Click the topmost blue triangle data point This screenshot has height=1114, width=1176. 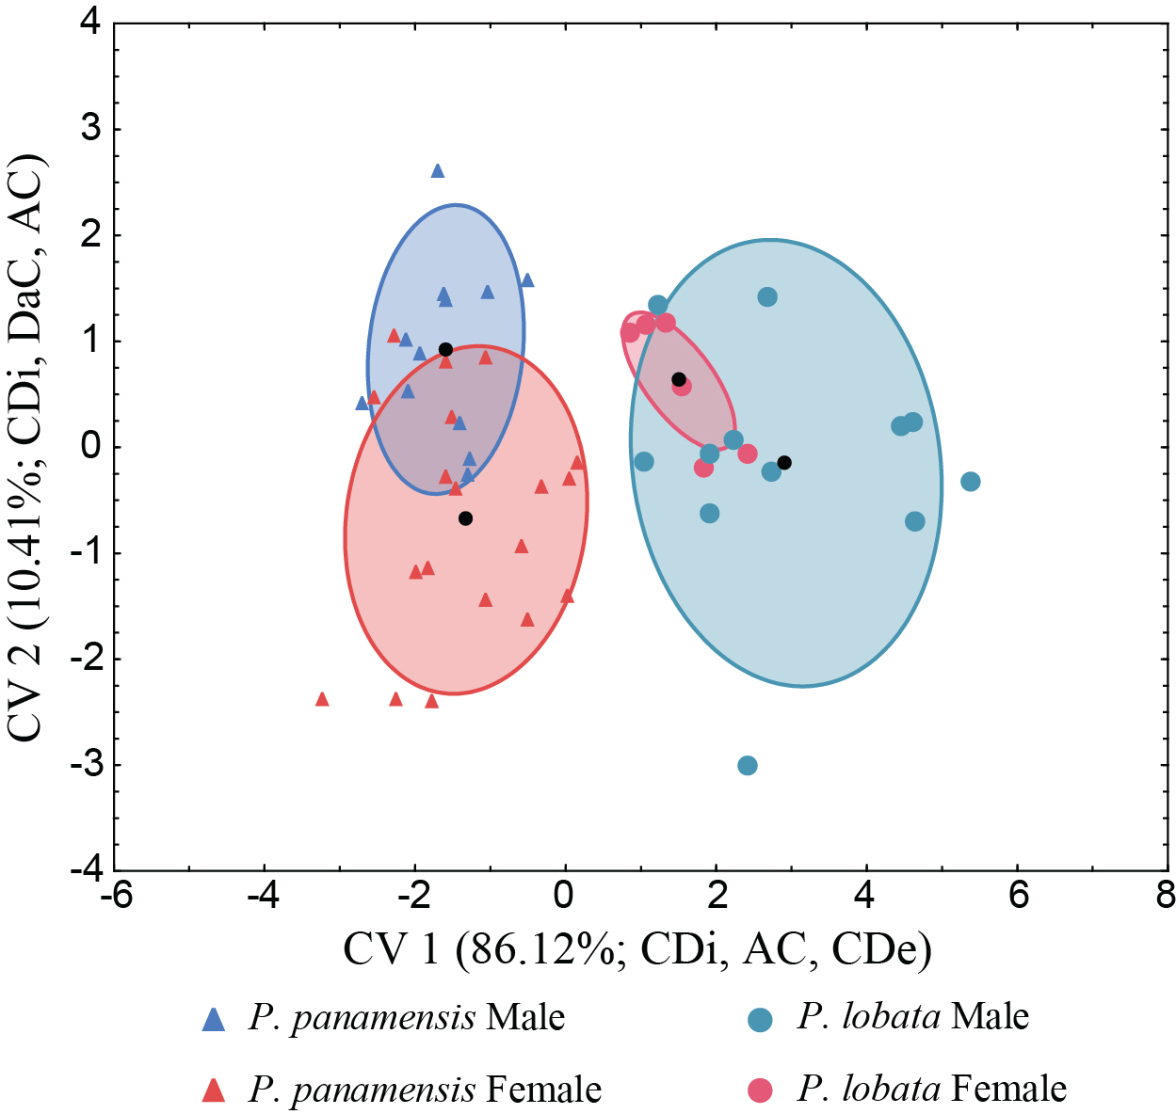pos(437,171)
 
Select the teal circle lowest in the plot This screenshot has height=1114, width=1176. pos(748,766)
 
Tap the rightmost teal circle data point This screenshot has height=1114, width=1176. pos(971,482)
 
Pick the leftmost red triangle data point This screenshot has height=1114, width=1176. pos(322,699)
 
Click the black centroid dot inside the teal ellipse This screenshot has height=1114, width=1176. pos(784,462)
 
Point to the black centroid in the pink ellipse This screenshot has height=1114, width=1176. pos(679,379)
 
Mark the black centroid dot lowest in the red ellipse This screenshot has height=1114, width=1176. pos(465,518)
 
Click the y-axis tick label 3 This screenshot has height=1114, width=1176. pos(90,128)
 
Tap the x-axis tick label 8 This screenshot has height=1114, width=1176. pos(1166,896)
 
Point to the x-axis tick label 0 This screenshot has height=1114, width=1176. pos(565,896)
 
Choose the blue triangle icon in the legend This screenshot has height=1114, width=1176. pos(215,1019)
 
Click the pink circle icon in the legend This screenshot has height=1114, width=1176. pos(760,1090)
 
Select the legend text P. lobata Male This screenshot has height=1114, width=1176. pos(912,1017)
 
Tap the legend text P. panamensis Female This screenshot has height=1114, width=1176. pos(425,1090)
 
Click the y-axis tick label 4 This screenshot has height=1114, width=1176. pos(90,23)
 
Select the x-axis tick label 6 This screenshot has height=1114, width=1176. pos(1018,896)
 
